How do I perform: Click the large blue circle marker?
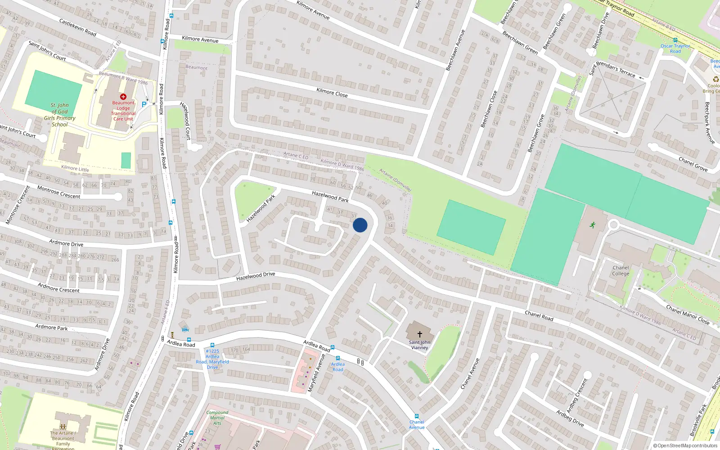[360, 225]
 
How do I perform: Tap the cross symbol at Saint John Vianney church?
[420, 334]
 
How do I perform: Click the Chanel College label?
[621, 270]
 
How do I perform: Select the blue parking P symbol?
[144, 104]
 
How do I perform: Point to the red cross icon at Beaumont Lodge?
[123, 97]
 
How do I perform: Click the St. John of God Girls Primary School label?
[60, 115]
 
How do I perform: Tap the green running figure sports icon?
[593, 225]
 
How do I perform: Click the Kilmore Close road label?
[332, 92]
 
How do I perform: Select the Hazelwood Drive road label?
[256, 276]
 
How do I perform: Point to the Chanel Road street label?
[539, 315]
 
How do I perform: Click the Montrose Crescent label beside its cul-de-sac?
[58, 192]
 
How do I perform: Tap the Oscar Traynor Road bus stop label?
[675, 48]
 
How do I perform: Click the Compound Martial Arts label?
[217, 418]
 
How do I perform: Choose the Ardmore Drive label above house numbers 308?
[66, 243]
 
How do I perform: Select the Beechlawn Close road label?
[489, 109]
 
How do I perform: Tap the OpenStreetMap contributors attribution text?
[685, 445]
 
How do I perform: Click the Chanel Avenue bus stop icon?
[417, 417]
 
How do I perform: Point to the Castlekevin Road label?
[78, 27]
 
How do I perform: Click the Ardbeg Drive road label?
[570, 418]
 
